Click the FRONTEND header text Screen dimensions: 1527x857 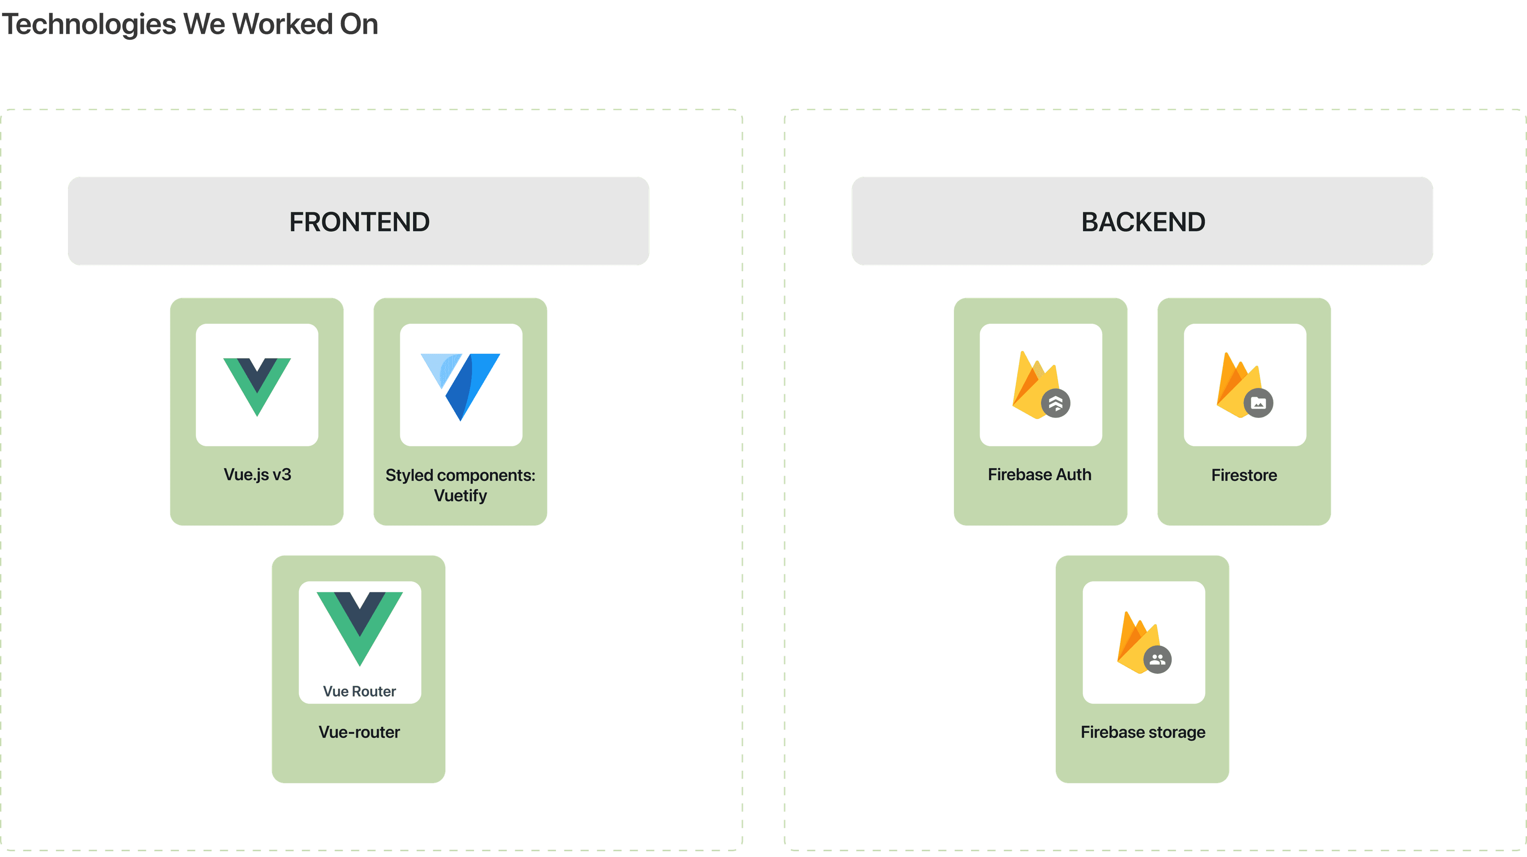[x=359, y=222]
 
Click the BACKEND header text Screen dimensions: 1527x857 [x=1143, y=222]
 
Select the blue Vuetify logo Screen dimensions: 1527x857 [x=460, y=386]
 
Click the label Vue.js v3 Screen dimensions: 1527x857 [x=257, y=475]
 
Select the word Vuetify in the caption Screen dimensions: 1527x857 [x=460, y=495]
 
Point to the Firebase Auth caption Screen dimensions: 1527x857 [x=1040, y=475]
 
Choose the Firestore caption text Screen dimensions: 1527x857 [x=1244, y=475]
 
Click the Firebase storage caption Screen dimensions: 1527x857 [x=1143, y=733]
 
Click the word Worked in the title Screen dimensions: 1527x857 [x=282, y=24]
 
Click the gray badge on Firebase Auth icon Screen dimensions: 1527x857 [x=1056, y=403]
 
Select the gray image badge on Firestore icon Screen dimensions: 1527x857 [x=1259, y=403]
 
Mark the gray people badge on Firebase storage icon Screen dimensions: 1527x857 [x=1157, y=659]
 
